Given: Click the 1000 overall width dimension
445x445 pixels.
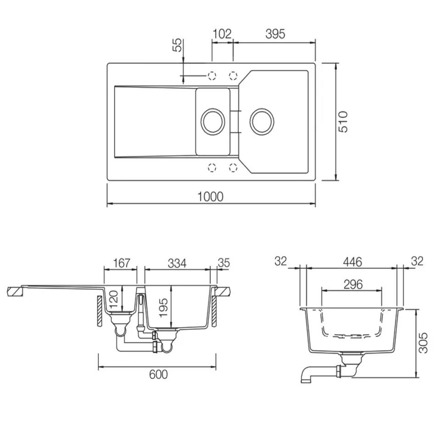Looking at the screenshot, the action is point(210,196).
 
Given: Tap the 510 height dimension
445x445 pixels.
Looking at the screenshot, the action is point(343,122).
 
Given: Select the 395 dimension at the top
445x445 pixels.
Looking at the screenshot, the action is point(275,34).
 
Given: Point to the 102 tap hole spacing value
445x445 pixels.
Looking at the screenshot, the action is point(222,34).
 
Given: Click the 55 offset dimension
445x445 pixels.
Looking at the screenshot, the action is point(177,45).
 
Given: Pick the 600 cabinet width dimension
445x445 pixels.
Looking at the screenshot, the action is point(158,374).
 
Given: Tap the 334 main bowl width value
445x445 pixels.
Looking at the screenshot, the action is point(177,263).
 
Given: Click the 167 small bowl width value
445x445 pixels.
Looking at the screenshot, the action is point(122,263).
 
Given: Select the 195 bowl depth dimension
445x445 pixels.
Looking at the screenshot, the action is point(163,308).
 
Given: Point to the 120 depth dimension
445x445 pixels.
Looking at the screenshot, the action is point(113,300).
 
